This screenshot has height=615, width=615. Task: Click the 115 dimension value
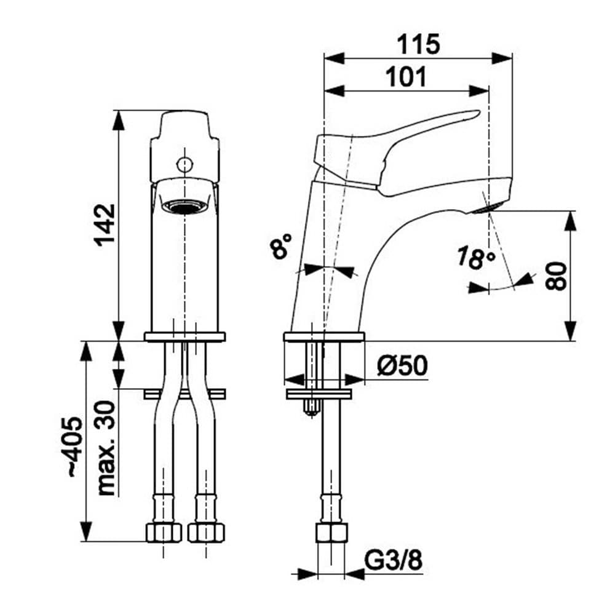point(418,44)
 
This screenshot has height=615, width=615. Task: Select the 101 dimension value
point(406,77)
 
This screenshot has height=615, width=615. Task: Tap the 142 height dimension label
point(105,224)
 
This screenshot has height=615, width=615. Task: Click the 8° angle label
point(280,247)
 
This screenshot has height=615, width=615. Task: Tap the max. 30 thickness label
point(106,448)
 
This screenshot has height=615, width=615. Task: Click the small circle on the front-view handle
point(184,164)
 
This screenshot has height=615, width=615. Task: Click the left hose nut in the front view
point(164,532)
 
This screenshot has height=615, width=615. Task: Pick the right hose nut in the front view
point(206,532)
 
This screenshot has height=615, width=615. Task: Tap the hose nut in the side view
point(331,532)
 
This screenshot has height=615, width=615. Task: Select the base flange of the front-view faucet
point(184,336)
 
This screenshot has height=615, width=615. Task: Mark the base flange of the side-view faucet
point(324,336)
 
